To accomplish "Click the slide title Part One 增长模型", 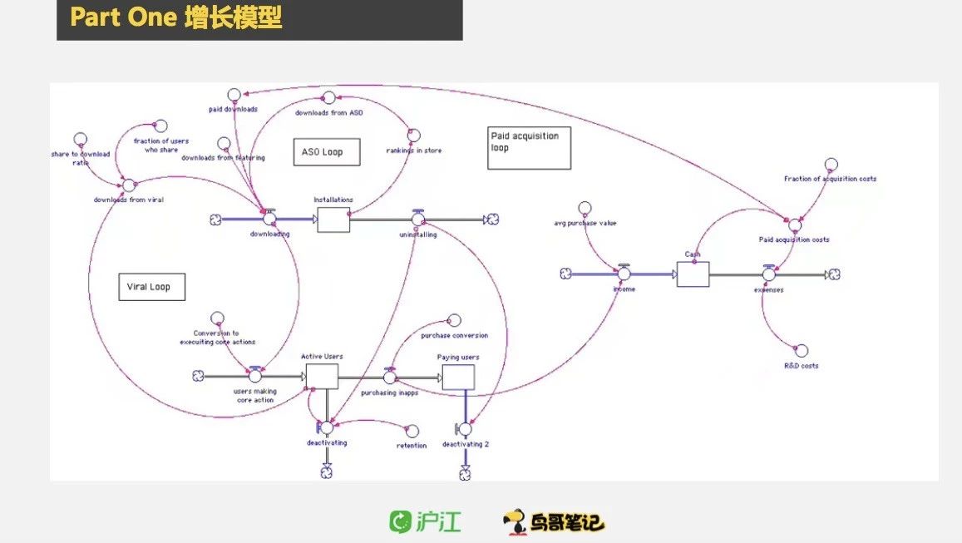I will tap(175, 17).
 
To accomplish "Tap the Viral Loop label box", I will tap(150, 287).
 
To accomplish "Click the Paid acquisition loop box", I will tap(529, 147).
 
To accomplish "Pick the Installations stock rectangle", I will tap(333, 220).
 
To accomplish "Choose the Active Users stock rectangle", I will tap(321, 376).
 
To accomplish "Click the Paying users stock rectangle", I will tap(458, 377).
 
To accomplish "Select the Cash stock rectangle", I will tap(693, 273).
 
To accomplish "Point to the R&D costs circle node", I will tap(802, 351).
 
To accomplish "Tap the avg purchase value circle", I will tap(585, 208).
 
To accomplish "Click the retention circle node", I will tap(411, 431).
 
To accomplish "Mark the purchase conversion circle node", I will tap(454, 320).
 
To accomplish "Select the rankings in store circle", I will tap(413, 136).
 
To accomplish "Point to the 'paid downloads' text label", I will tap(233, 108).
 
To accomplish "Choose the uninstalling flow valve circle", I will tap(418, 220).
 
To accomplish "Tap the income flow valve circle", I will tap(624, 274).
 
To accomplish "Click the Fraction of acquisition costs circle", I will tap(831, 165).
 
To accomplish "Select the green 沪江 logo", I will tap(425, 522).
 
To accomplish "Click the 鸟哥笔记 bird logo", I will tap(554, 521).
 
